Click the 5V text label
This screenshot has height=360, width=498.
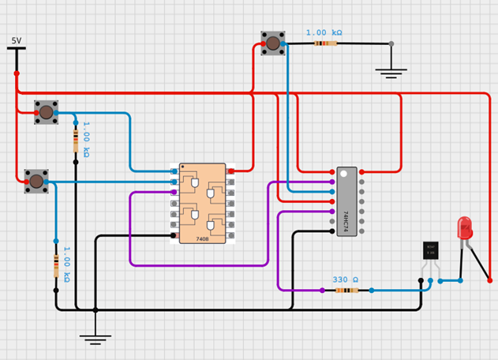17,40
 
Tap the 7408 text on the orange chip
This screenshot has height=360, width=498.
202,238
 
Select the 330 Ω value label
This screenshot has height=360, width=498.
345,279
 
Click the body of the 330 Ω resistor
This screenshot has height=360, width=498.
347,291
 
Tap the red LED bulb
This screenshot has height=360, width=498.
465,228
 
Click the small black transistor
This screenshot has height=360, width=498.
430,250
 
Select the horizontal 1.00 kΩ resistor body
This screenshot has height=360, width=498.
325,43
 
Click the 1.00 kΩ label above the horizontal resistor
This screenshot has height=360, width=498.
324,32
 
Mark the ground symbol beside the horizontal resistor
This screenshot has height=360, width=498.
391,73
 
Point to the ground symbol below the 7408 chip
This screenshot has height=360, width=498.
95,339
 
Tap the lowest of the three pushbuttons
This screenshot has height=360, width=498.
36,182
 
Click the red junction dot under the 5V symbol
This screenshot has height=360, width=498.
17,73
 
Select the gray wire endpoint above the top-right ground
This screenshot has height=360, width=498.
391,43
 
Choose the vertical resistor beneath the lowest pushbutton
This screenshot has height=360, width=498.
56,265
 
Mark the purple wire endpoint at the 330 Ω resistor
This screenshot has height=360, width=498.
322,291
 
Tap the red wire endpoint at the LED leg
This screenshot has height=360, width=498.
489,280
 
